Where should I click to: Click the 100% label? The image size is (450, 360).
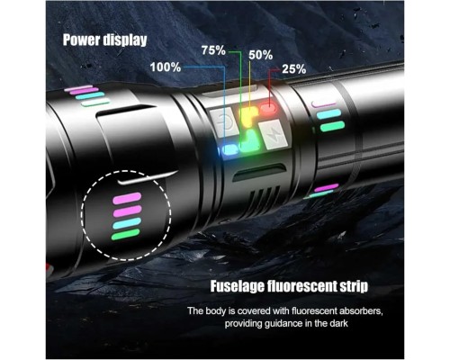point(166,67)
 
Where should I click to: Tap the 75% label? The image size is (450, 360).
point(213,50)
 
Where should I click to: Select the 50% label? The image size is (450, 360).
point(261,56)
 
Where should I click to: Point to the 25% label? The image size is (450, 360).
point(294,69)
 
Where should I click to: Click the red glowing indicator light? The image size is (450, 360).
point(268,108)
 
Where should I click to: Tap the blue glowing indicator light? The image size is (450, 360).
point(229,149)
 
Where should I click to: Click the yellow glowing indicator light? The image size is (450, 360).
point(247,116)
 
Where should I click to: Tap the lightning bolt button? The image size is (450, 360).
point(272,135)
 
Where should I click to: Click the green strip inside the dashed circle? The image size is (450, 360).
point(125,234)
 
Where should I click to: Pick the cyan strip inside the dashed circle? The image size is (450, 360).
point(127,223)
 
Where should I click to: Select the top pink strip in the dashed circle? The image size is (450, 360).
point(127,199)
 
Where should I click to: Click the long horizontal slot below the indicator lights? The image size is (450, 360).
point(258,173)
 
